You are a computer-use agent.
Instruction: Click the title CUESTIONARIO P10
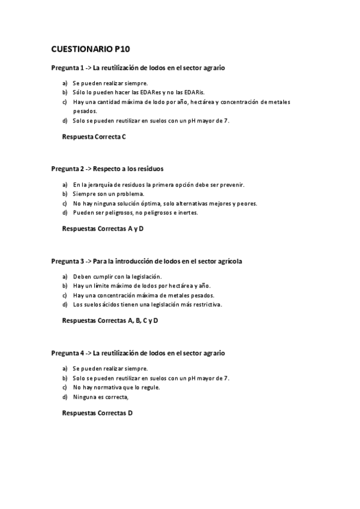[x=90, y=49]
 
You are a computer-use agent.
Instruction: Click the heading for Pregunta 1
[x=138, y=68]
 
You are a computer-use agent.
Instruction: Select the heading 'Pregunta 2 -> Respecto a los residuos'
[x=107, y=169]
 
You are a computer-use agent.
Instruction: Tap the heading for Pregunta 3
[x=146, y=262]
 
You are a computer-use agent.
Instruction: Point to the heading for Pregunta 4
[x=138, y=354]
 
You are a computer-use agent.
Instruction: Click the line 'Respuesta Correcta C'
[x=94, y=137]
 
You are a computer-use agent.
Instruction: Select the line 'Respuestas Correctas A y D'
[x=103, y=229]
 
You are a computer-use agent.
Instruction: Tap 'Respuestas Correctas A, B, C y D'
[x=110, y=321]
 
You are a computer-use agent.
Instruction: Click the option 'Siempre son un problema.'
[x=109, y=194]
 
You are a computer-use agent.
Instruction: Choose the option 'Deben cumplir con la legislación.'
[x=118, y=276]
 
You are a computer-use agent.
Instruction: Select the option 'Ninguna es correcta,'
[x=101, y=397]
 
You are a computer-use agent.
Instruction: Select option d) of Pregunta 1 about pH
[x=151, y=121]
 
